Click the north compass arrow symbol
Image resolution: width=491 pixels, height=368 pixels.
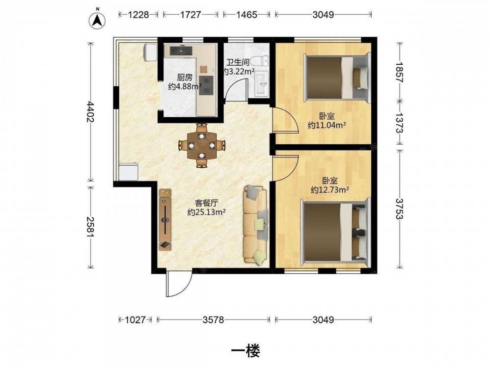[x=97, y=20]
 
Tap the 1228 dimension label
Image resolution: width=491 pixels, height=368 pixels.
[x=138, y=14]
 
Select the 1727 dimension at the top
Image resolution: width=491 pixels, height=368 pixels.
[x=191, y=14]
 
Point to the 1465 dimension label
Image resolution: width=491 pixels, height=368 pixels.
[x=246, y=14]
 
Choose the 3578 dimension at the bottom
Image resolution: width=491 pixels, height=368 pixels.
[x=213, y=320]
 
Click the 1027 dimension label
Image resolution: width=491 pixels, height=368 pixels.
[x=136, y=320]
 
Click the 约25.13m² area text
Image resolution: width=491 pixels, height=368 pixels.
[x=207, y=212]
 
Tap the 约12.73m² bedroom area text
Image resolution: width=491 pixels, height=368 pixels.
[x=330, y=189]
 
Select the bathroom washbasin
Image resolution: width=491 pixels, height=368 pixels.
[x=261, y=83]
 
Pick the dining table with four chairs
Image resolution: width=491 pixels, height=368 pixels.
[x=202, y=146]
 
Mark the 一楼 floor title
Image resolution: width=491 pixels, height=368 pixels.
[x=245, y=351]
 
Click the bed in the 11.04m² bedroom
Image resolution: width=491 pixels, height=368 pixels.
[x=337, y=78]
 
